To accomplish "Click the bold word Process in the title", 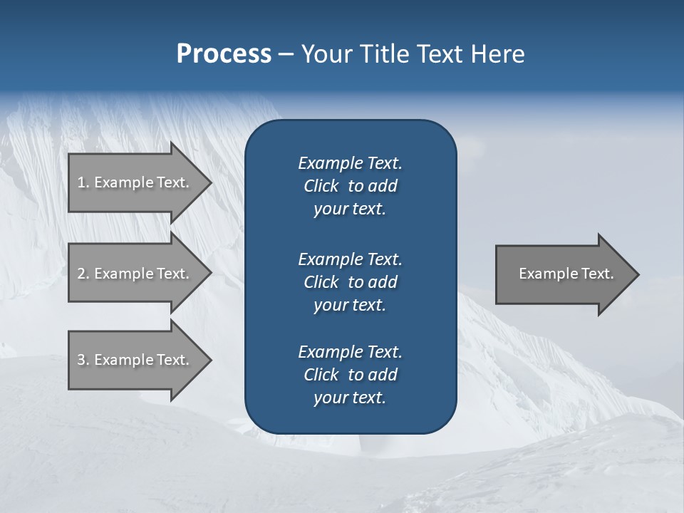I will pyautogui.click(x=224, y=54).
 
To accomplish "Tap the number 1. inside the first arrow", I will pyautogui.click(x=83, y=182).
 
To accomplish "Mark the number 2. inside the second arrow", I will pyautogui.click(x=83, y=274).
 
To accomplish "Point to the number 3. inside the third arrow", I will pyautogui.click(x=83, y=360).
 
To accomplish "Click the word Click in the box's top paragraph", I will pyautogui.click(x=321, y=186).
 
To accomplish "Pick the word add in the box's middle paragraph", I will pyautogui.click(x=383, y=282).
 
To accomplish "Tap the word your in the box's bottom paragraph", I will pyautogui.click(x=329, y=398).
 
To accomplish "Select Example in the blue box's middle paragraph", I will pyautogui.click(x=330, y=259).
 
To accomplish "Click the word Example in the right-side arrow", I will pyautogui.click(x=544, y=274).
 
